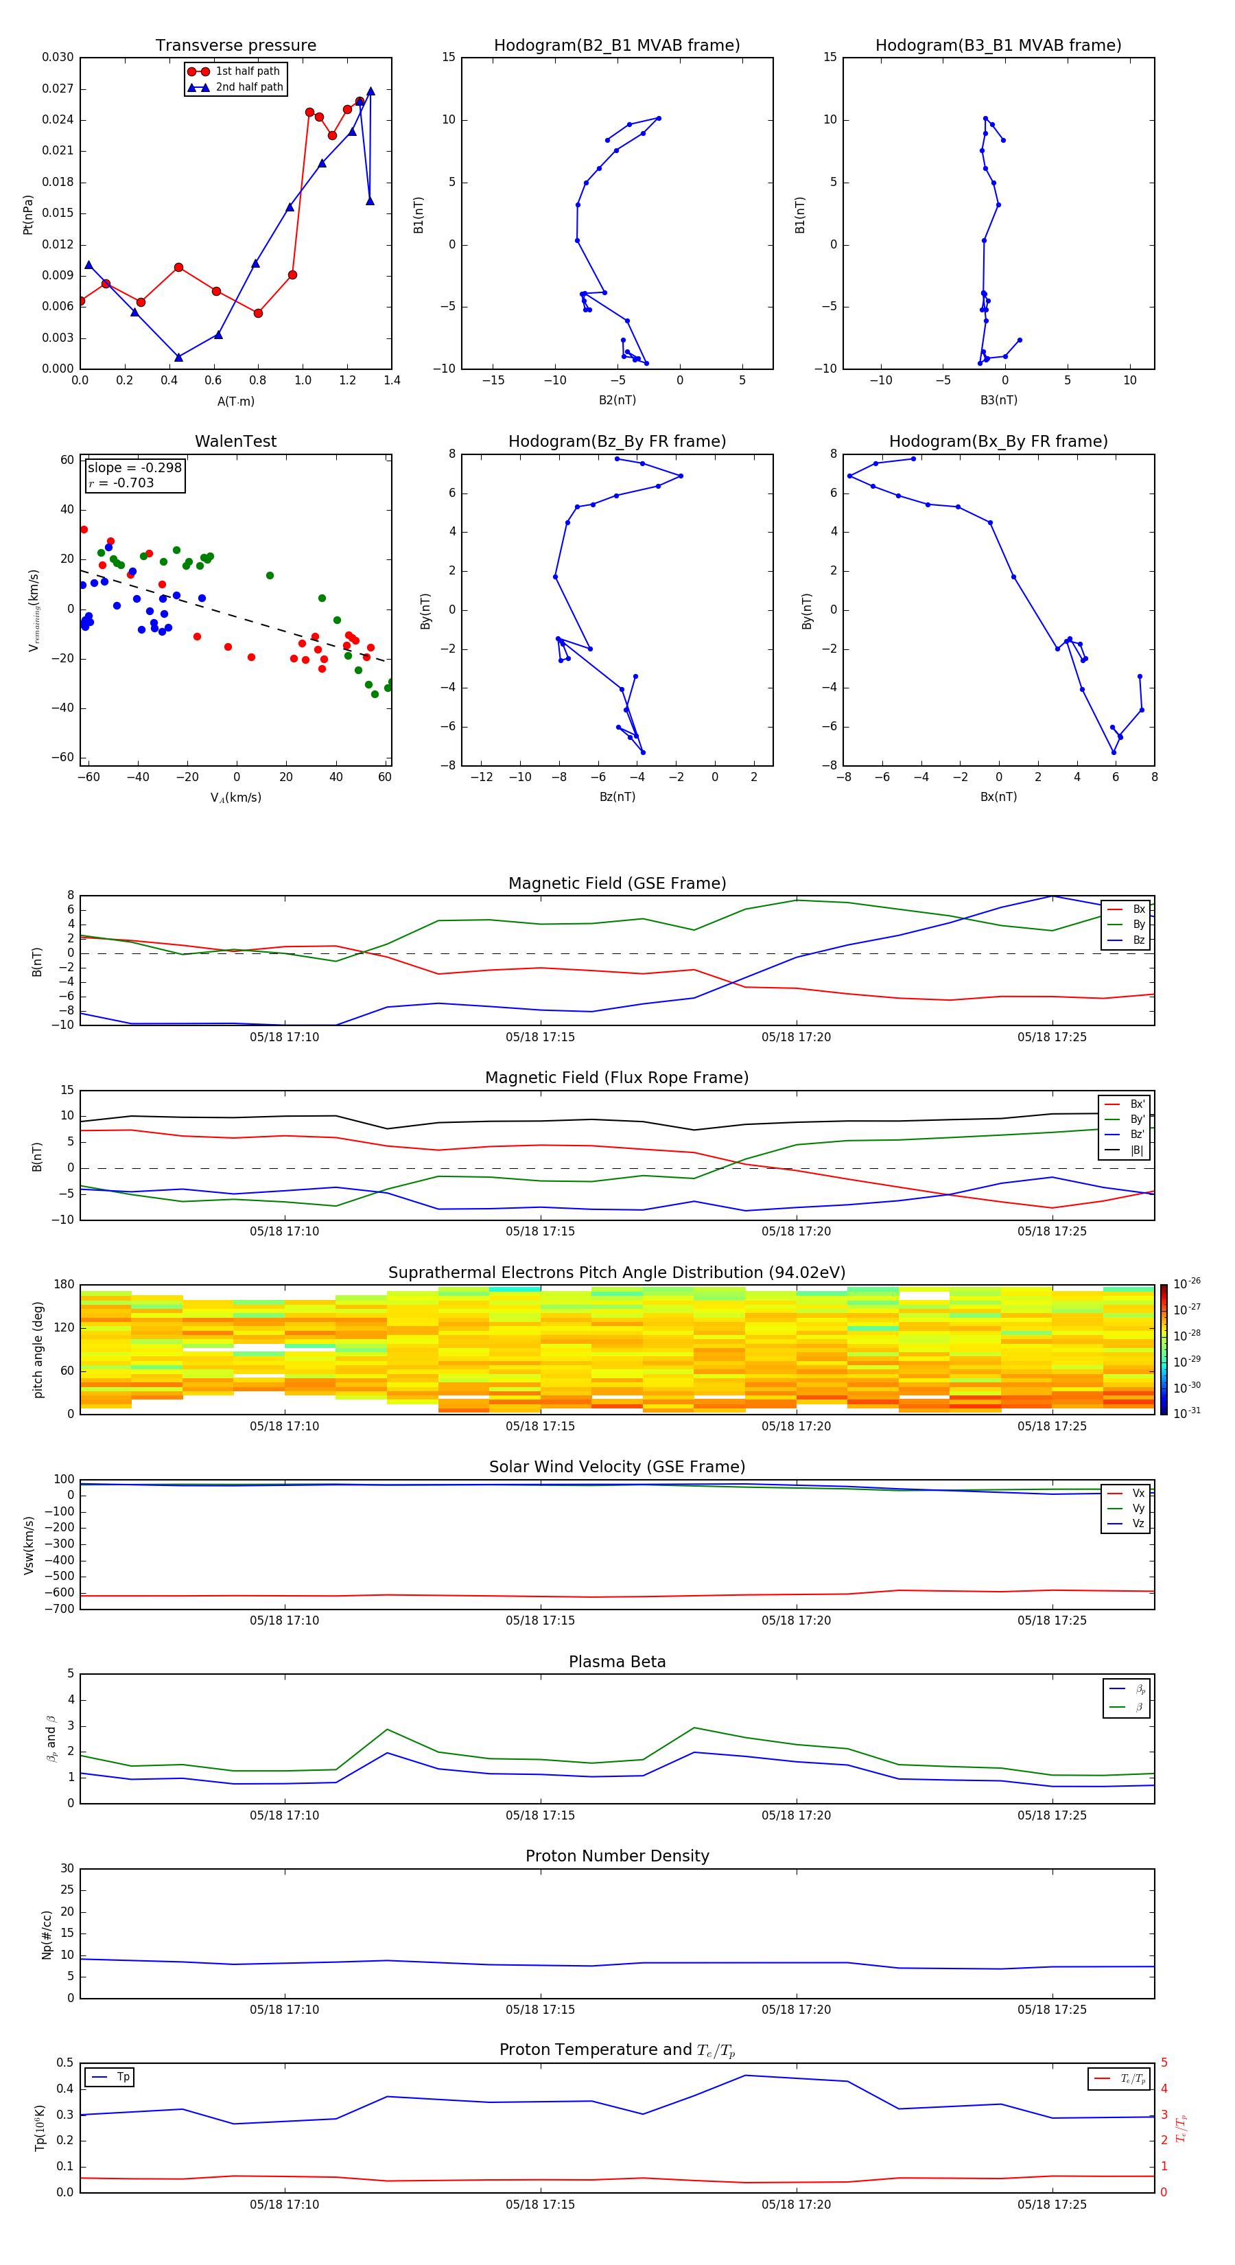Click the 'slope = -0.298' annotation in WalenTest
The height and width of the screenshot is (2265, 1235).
point(134,468)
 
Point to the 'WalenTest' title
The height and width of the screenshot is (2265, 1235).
point(235,441)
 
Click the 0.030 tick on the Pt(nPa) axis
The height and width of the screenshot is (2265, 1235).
point(58,57)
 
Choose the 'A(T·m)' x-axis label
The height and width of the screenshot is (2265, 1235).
point(235,401)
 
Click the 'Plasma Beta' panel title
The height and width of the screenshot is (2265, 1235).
point(617,1662)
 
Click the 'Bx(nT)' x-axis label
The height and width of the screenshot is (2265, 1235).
point(998,797)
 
